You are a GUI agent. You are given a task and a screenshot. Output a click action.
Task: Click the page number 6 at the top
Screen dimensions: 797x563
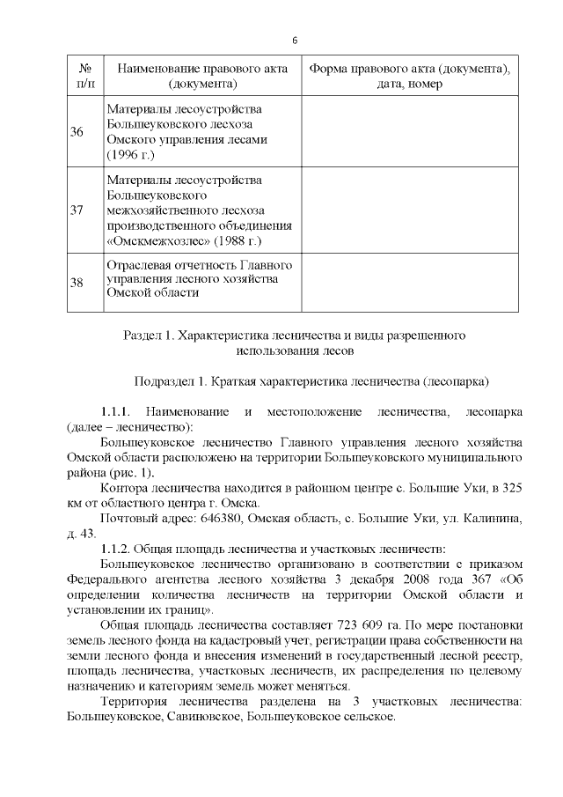click(x=295, y=41)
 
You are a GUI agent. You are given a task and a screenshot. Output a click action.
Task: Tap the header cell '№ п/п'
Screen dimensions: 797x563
click(x=86, y=76)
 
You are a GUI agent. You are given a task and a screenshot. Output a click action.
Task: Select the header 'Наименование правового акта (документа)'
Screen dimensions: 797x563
click(x=203, y=76)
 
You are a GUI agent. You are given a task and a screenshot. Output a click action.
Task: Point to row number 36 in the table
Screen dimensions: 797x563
click(x=77, y=132)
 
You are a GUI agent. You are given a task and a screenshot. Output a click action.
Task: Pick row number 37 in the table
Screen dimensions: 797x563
click(x=77, y=210)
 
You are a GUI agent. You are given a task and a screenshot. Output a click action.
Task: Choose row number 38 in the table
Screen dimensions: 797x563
click(x=77, y=282)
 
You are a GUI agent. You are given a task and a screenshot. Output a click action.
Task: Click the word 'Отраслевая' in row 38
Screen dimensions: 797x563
click(x=135, y=265)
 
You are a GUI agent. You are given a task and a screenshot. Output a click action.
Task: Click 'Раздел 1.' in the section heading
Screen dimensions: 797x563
click(x=150, y=336)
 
